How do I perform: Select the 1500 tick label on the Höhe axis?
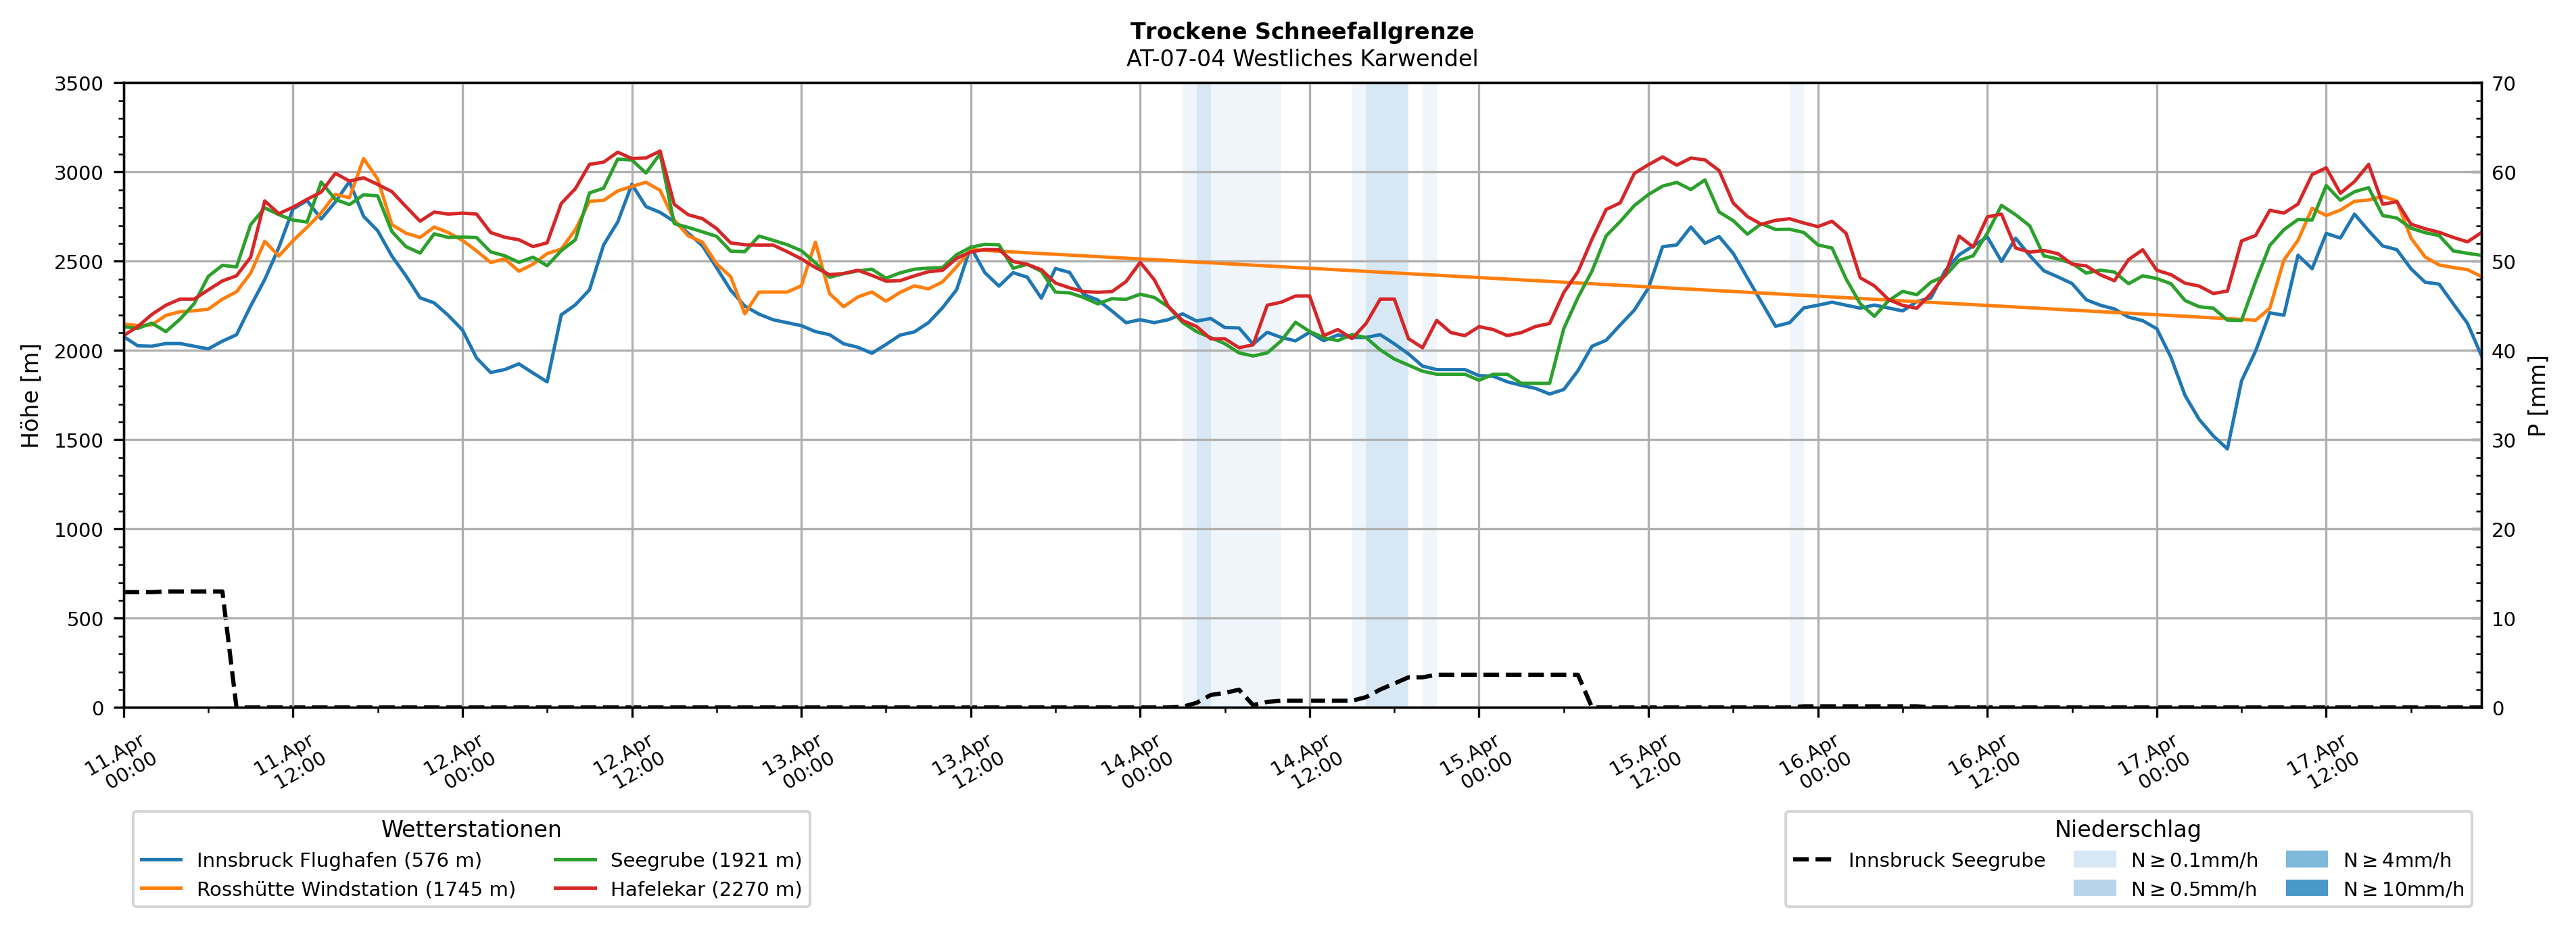79,441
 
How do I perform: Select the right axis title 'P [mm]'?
2537,396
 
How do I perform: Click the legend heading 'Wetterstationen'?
471,829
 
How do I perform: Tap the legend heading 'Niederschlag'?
2127,829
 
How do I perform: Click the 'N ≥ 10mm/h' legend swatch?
2306,888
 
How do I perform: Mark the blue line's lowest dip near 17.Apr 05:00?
2226,448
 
